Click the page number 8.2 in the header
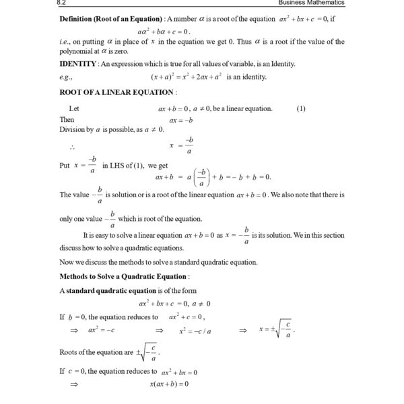tap(64, 3)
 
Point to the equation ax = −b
tap(181, 119)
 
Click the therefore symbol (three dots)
tap(71, 145)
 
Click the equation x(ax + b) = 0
tap(169, 384)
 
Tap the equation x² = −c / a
tap(195, 331)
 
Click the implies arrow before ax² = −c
tap(74, 331)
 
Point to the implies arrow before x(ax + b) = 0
tap(74, 384)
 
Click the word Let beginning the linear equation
tap(74, 108)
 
